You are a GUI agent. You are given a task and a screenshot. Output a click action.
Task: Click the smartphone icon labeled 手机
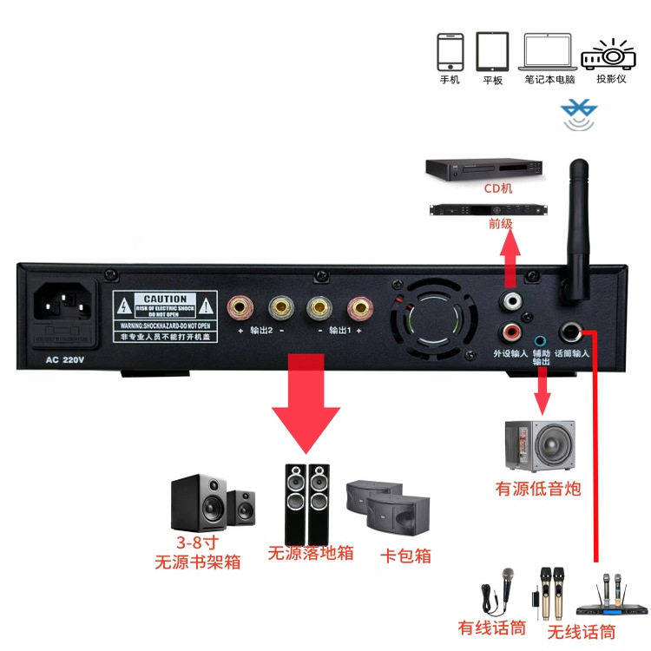click(450, 52)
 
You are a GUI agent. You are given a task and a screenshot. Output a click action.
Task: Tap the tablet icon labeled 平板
click(492, 52)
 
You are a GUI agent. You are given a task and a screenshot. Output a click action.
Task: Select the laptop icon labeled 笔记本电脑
click(548, 52)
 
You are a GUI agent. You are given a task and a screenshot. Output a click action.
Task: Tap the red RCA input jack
click(513, 332)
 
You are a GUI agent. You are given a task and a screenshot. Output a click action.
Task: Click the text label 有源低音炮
click(538, 490)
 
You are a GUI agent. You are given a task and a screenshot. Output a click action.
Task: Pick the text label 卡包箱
click(405, 556)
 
